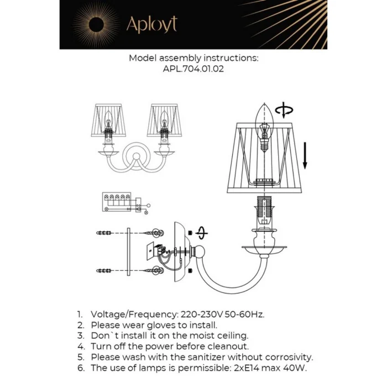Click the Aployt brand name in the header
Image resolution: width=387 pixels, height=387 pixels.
click(151, 25)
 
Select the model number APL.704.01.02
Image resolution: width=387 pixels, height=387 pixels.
click(193, 70)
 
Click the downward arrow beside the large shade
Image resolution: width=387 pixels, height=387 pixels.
click(305, 155)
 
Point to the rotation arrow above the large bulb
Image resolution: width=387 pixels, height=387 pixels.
click(284, 110)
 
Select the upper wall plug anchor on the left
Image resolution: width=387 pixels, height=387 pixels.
click(104, 233)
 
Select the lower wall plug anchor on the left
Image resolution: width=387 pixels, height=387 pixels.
click(104, 270)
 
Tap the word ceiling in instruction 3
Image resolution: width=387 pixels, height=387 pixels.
click(231, 336)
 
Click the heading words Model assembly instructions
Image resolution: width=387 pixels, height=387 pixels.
click(193, 58)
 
